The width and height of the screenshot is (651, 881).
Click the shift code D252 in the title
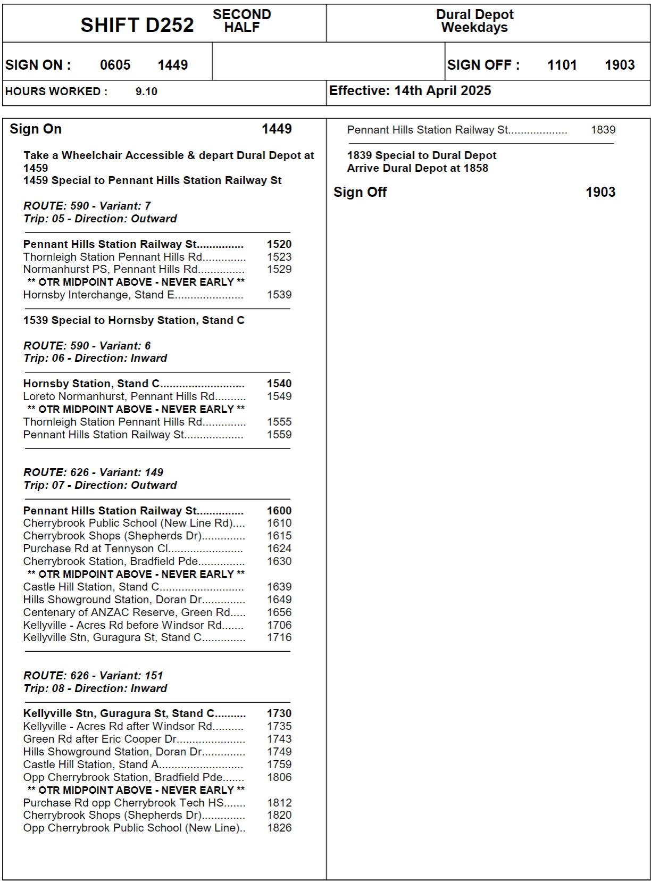point(137,25)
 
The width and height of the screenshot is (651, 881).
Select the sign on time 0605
point(115,65)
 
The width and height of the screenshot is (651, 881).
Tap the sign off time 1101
point(562,65)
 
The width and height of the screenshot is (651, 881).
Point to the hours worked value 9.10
point(146,92)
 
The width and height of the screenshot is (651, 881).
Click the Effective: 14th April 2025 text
point(410,91)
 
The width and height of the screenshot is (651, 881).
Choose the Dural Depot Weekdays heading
point(474,21)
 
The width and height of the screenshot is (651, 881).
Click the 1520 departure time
point(279,244)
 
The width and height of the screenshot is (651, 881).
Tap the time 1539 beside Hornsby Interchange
point(279,295)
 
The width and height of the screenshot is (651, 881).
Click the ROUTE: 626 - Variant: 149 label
point(93,472)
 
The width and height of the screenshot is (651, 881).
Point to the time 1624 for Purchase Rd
point(279,548)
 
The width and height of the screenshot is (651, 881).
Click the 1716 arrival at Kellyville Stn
point(279,637)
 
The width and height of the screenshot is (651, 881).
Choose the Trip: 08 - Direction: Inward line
point(95,688)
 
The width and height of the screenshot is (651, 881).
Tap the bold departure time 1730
point(279,713)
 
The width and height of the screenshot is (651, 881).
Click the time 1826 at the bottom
point(279,828)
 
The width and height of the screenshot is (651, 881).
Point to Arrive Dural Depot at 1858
point(418,168)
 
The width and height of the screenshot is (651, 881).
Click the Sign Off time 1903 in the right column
point(600,192)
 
